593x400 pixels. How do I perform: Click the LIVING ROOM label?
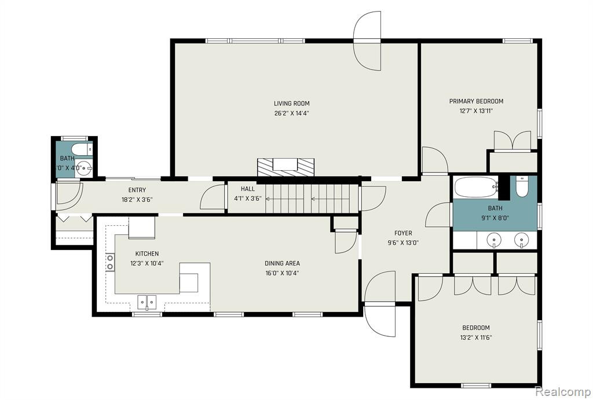[x=292, y=103]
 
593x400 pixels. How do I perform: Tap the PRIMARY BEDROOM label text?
[x=476, y=101]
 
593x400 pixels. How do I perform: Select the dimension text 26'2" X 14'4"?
[x=292, y=113]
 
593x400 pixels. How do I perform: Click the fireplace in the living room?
[x=285, y=167]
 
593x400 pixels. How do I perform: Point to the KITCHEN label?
[x=147, y=254]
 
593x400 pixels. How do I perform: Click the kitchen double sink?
[x=147, y=302]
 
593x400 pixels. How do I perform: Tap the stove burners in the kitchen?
[x=110, y=262]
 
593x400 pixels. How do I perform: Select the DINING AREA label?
[x=282, y=263]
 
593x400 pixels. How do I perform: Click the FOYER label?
[x=403, y=233]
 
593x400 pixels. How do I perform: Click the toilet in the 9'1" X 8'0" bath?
[x=522, y=187]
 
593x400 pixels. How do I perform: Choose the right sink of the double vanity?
[x=522, y=240]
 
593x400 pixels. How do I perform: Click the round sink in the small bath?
[x=83, y=168]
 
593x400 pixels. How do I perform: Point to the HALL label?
[x=248, y=189]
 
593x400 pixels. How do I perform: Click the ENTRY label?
[x=137, y=190]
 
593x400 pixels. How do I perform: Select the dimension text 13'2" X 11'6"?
[x=476, y=337]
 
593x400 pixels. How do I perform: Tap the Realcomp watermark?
[x=562, y=391]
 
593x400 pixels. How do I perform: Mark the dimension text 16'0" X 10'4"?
[x=282, y=273]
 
